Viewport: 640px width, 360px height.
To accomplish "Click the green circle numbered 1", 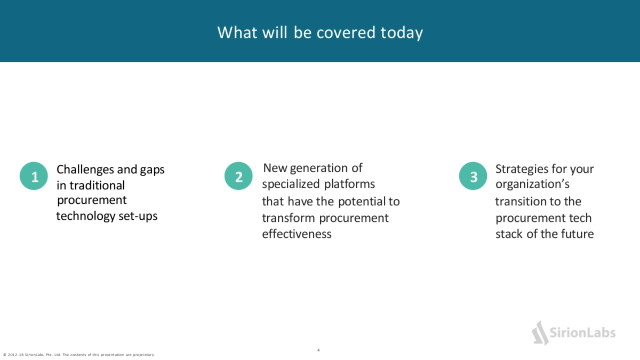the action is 34,176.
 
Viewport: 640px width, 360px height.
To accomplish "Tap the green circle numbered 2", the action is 238,176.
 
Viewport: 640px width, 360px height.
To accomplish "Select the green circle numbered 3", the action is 473,176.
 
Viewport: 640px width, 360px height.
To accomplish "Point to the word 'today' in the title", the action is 402,33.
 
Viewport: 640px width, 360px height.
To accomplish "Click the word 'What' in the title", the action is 237,32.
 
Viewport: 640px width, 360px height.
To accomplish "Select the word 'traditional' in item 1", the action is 97,186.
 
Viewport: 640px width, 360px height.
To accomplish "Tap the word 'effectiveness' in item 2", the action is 297,234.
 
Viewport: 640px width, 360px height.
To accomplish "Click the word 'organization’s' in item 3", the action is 533,185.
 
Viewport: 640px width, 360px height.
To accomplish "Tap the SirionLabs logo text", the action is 582,333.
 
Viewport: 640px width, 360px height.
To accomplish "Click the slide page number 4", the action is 318,350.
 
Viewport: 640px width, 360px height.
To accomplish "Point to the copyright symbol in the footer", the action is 5,355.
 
